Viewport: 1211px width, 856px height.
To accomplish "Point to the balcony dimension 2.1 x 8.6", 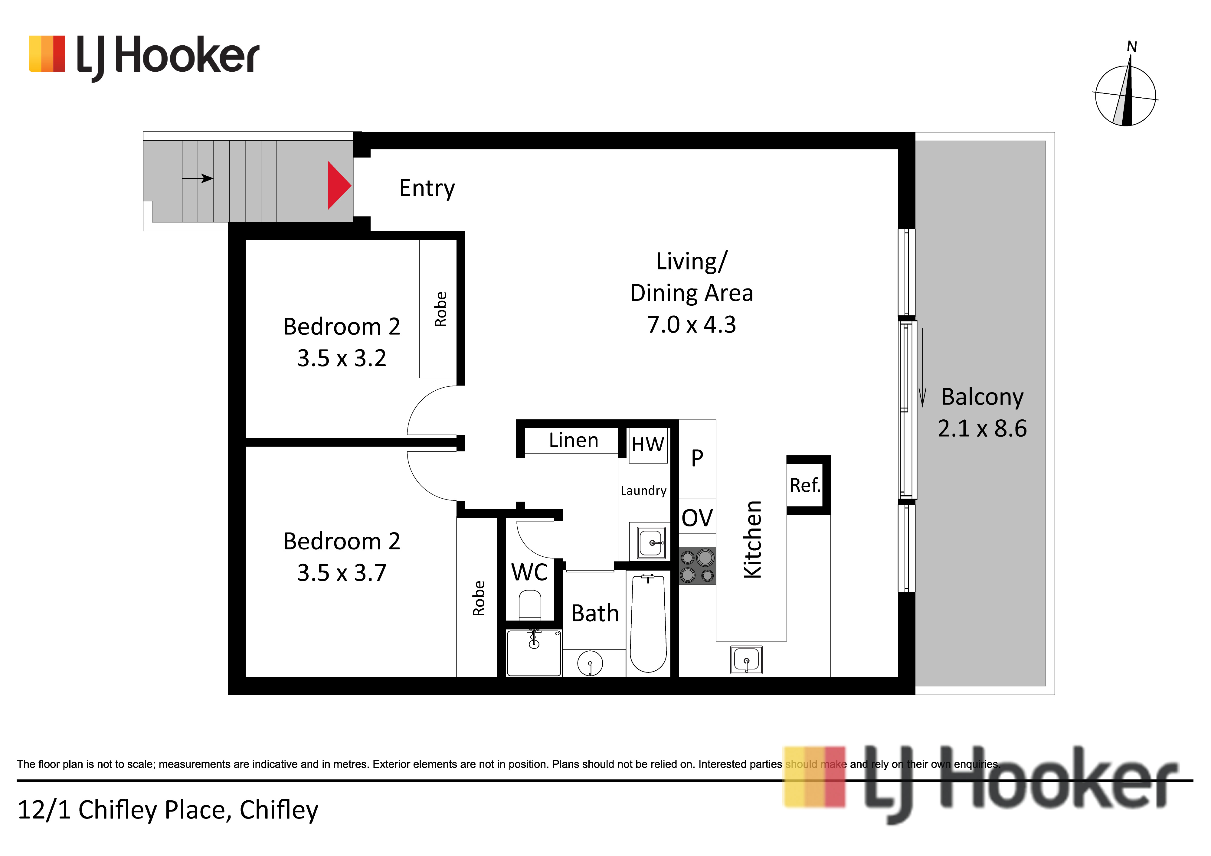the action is pos(982,428).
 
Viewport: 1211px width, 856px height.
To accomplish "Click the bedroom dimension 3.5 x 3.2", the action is pos(342,358).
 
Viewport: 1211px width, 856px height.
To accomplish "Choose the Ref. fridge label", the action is pos(805,485).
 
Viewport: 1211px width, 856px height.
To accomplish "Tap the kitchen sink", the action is pos(746,659).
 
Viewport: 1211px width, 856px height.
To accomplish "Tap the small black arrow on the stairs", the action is pos(198,179).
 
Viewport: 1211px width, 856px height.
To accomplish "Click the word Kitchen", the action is pos(752,540).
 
